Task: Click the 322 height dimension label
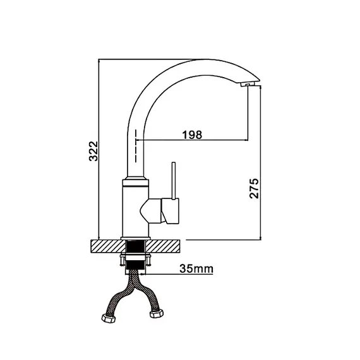pyautogui.click(x=93, y=152)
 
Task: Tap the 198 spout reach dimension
pyautogui.click(x=192, y=135)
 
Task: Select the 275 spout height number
pyautogui.click(x=254, y=188)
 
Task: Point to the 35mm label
pyautogui.click(x=196, y=268)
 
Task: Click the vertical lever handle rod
pyautogui.click(x=174, y=181)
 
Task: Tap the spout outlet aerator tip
pyautogui.click(x=245, y=85)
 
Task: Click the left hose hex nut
pyautogui.click(x=109, y=319)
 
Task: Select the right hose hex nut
pyautogui.click(x=157, y=313)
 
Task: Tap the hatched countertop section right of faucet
pyautogui.click(x=163, y=246)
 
